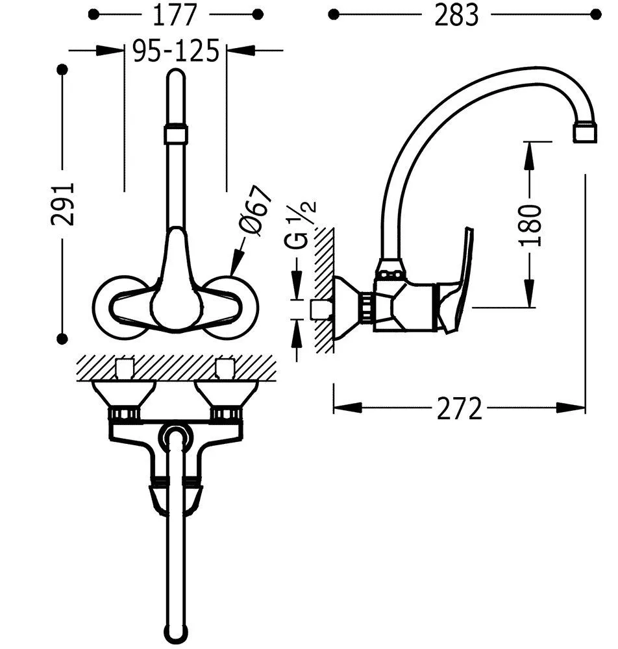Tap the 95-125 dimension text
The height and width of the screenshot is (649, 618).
point(175,51)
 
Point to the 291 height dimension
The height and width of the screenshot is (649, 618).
point(64,204)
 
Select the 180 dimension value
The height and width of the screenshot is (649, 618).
point(530,224)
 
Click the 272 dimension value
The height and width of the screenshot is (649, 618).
point(459,408)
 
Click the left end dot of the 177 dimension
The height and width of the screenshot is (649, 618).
point(93,14)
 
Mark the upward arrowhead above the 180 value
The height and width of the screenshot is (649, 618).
point(530,153)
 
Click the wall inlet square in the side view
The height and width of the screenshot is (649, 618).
point(319,310)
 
